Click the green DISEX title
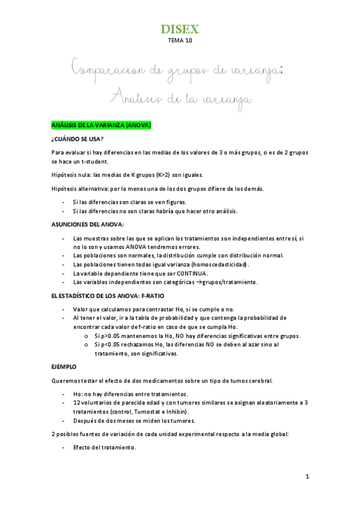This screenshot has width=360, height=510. coord(180,29)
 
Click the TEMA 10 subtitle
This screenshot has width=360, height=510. coord(180,41)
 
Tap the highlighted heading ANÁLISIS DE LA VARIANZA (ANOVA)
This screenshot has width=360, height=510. coord(101,125)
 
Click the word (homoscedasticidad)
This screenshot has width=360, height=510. coord(219,264)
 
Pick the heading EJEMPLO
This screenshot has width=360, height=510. coord(64,366)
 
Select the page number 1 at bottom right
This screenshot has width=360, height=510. coord(307,476)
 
